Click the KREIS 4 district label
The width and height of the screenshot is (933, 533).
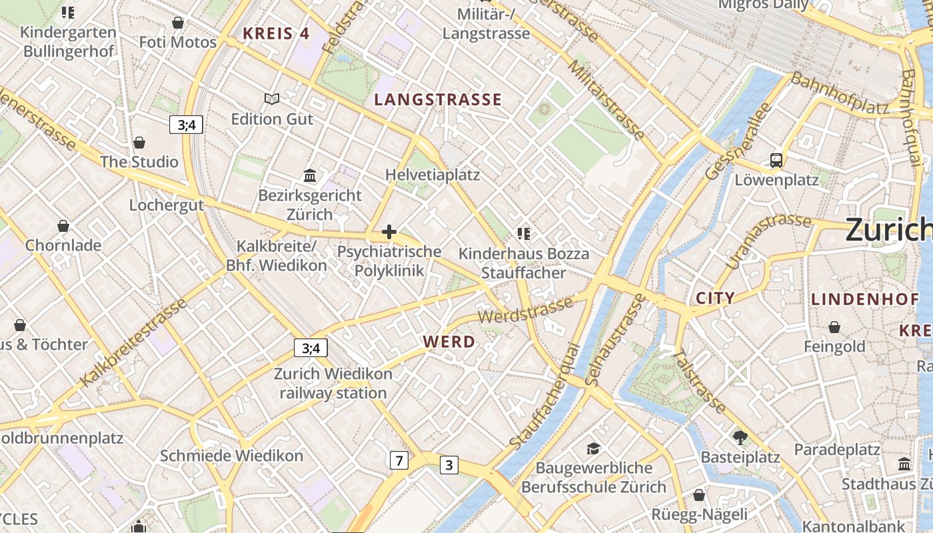pos(276,33)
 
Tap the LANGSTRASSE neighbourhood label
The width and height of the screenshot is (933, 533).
pos(438,100)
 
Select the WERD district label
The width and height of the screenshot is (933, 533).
pos(449,342)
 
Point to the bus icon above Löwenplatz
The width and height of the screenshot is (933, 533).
pos(776,160)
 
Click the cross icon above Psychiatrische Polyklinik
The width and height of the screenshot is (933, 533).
pos(389,232)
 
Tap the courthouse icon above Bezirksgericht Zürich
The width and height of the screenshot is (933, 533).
pos(310,176)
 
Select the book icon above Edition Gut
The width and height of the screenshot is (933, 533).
pos(272,99)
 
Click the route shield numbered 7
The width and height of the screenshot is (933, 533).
pos(399,460)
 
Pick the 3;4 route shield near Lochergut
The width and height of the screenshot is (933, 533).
pos(186,125)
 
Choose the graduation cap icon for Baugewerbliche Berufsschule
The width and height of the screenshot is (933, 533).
pos(593,448)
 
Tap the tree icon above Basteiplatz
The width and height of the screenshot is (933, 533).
pos(740,438)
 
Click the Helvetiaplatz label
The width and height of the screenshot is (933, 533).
pos(433,175)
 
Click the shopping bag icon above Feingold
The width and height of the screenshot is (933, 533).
pos(834,327)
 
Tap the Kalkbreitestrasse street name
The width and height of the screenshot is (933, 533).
pos(134,342)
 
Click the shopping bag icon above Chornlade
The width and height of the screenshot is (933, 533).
pos(63,226)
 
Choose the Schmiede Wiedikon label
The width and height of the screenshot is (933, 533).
pos(231,456)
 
